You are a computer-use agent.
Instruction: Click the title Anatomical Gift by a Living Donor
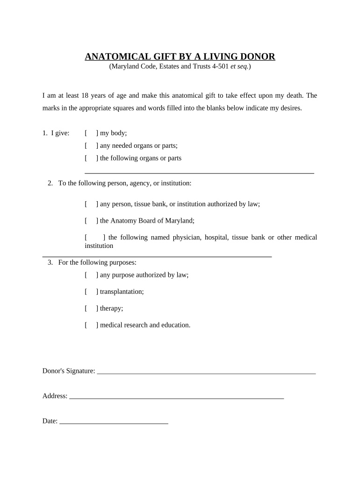click(x=180, y=57)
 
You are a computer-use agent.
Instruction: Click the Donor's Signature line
click(x=206, y=372)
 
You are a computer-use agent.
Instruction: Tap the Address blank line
click(x=176, y=397)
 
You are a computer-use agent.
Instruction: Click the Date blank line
click(x=114, y=422)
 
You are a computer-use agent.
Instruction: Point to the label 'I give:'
click(x=56, y=133)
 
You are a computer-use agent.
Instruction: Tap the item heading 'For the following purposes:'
click(x=97, y=262)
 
